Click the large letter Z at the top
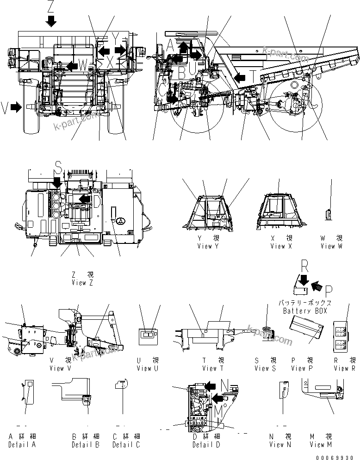coord(51,6)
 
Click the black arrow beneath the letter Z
coord(51,20)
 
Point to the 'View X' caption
coord(281,246)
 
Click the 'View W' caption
coord(331,246)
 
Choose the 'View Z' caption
coord(82,283)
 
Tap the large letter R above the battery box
coord(304,266)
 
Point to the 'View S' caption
coord(265,368)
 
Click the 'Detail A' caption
coord(23,445)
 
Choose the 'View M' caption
coord(321,445)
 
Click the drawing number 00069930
coord(340,455)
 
